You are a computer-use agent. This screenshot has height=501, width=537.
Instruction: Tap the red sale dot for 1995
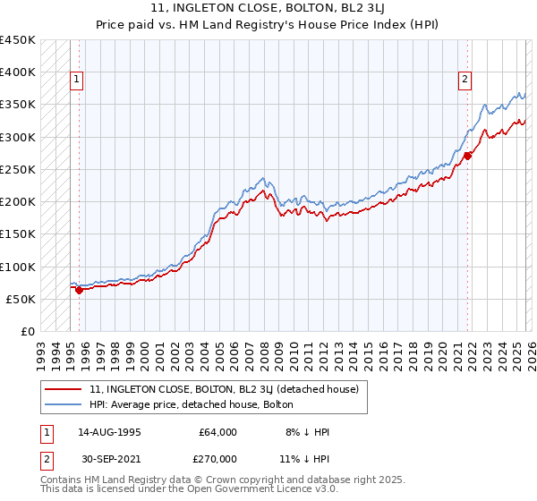click(x=79, y=289)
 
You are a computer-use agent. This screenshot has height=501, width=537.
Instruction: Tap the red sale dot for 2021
click(x=467, y=155)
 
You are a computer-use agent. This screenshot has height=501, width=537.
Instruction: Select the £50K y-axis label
click(x=21, y=299)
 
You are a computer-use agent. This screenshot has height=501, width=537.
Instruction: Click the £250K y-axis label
click(x=18, y=169)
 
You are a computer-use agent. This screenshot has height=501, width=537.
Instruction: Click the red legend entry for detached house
click(x=224, y=389)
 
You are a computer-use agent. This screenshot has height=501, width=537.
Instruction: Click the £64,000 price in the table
click(x=218, y=432)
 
